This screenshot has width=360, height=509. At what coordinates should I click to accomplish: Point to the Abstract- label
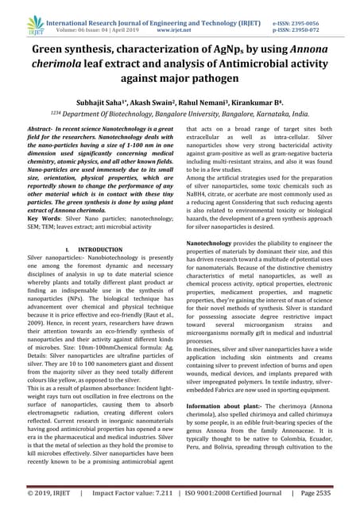click(x=45, y=128)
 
